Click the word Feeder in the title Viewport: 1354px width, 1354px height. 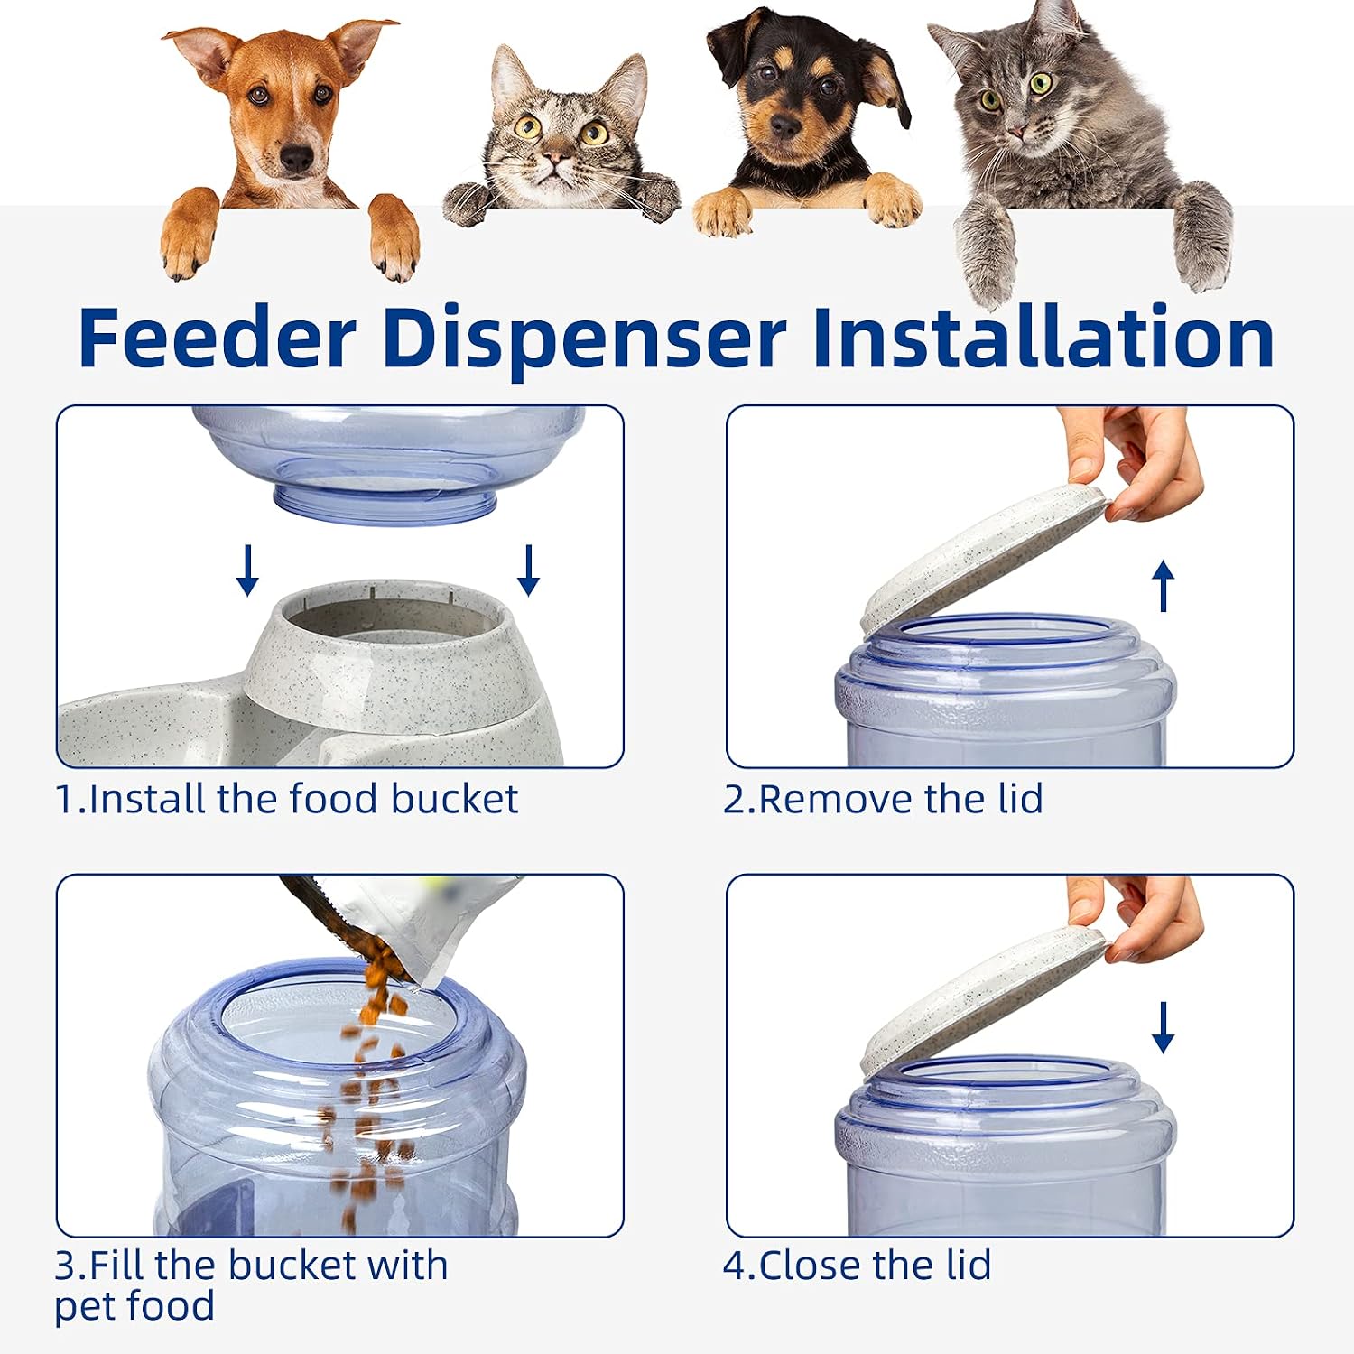pyautogui.click(x=217, y=338)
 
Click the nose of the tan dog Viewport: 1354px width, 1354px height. pyautogui.click(x=295, y=159)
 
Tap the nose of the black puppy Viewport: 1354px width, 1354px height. pyautogui.click(x=784, y=125)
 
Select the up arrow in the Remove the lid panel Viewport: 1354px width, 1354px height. pyautogui.click(x=1164, y=585)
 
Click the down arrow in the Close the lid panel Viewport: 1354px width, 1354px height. pyautogui.click(x=1164, y=1027)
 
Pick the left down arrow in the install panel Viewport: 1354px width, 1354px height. pyautogui.click(x=247, y=570)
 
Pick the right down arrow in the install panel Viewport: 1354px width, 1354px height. pyautogui.click(x=529, y=570)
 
